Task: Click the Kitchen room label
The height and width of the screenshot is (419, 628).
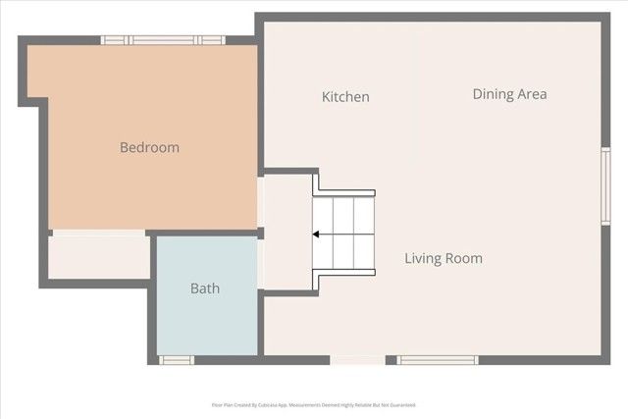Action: [345, 97]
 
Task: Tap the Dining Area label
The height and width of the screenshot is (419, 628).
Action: [509, 94]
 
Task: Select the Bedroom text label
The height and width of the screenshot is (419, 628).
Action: [149, 147]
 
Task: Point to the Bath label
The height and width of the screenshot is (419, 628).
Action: [205, 288]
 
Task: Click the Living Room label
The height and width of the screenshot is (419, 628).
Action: [444, 259]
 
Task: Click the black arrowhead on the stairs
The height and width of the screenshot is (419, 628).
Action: [317, 235]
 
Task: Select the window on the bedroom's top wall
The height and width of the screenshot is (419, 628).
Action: [163, 40]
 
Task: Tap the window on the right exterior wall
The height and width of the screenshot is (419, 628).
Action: [605, 185]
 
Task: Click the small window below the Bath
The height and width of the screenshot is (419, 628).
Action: [178, 360]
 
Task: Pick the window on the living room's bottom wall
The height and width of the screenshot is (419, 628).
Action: [438, 360]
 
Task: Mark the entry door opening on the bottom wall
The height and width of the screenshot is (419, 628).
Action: [357, 360]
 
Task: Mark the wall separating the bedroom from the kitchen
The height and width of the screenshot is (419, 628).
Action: [261, 108]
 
